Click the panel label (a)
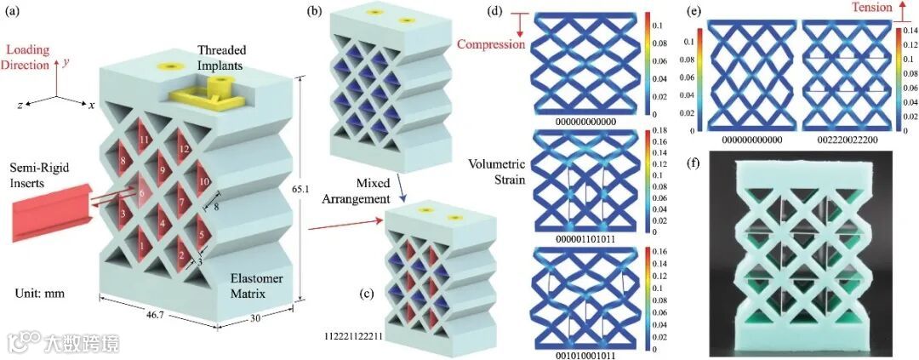point(14,12)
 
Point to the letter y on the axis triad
point(66,62)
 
